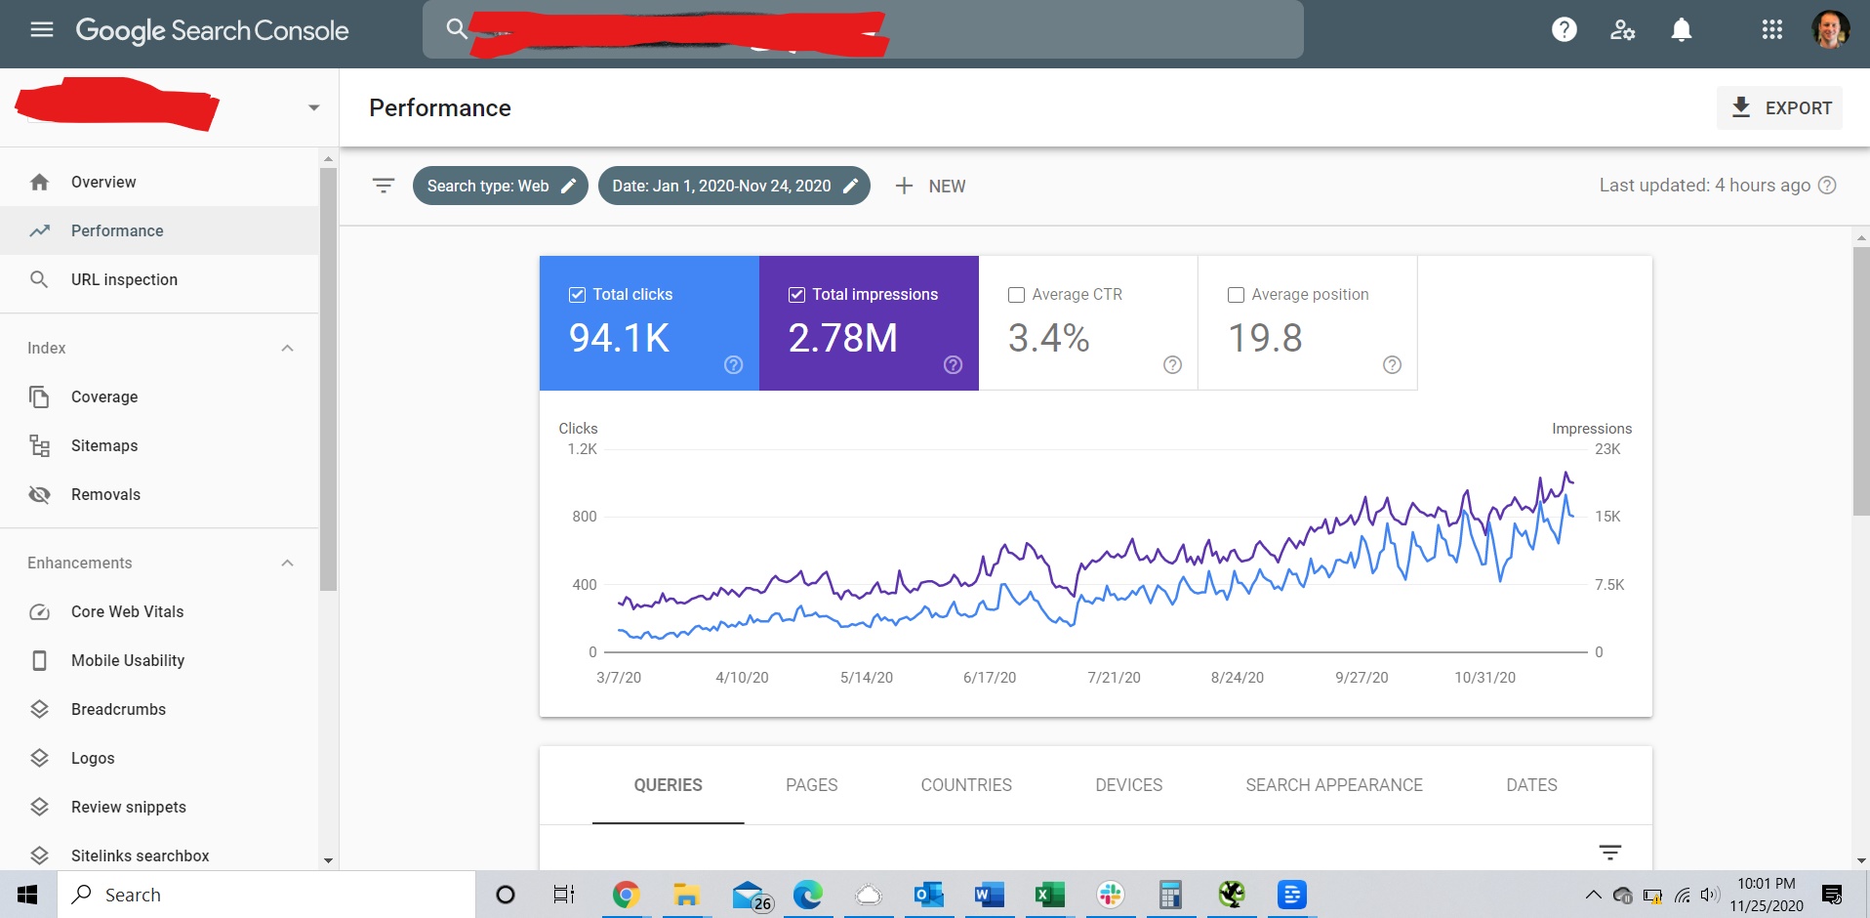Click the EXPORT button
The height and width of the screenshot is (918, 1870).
(x=1779, y=108)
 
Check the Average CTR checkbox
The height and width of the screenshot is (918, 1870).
(x=1016, y=295)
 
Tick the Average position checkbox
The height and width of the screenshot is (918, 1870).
(x=1236, y=295)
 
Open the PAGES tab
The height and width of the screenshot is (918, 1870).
(x=811, y=785)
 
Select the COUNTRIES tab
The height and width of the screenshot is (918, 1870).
(x=966, y=785)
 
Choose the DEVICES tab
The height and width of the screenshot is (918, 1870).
(x=1128, y=785)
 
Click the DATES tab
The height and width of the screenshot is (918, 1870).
(x=1531, y=785)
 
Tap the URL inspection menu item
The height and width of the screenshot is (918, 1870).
(x=124, y=280)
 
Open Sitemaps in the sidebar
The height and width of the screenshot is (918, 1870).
(x=104, y=446)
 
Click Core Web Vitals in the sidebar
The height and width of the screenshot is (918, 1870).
(x=127, y=612)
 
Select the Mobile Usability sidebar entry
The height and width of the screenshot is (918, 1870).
(x=128, y=661)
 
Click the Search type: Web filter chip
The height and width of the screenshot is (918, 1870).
(x=500, y=187)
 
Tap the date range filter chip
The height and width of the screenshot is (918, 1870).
(x=733, y=187)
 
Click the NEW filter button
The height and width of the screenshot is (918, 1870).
(x=930, y=187)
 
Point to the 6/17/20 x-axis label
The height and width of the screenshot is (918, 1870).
(x=989, y=678)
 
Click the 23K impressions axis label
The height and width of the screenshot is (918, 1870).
(x=1606, y=449)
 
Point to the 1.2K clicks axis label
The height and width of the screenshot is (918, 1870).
(x=583, y=449)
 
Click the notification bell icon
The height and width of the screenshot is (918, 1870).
(x=1681, y=30)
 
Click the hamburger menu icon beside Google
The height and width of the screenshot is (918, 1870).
(x=42, y=30)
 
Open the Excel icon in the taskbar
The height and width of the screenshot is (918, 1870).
(x=1049, y=895)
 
